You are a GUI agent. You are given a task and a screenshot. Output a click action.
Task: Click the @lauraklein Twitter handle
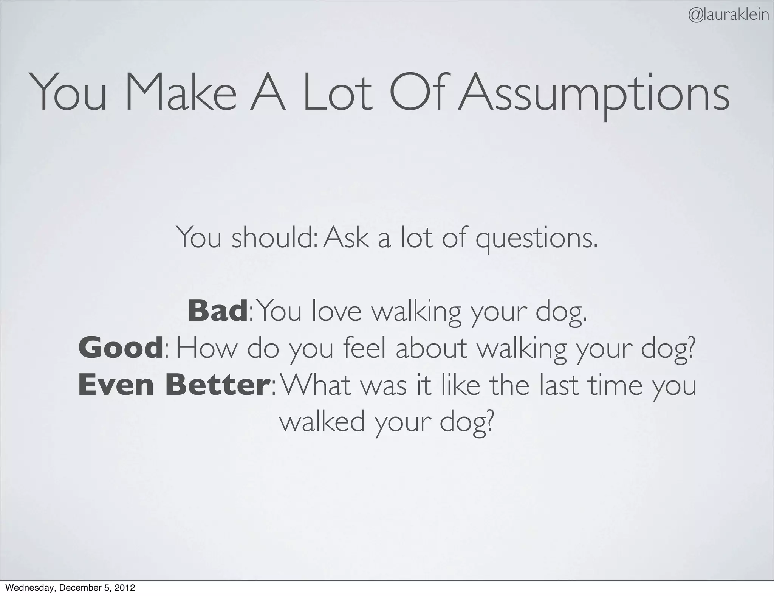tap(728, 16)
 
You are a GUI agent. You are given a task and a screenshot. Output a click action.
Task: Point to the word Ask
tap(346, 238)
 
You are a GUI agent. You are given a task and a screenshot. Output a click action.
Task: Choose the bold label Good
tap(120, 348)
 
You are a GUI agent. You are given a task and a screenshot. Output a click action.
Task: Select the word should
tap(272, 238)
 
